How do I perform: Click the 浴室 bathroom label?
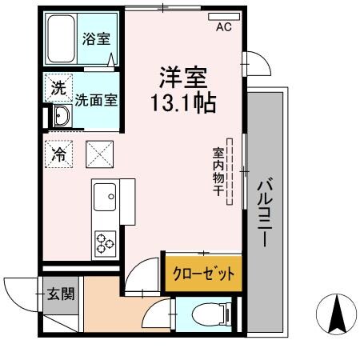(x=97, y=38)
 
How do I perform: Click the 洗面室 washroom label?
(x=97, y=101)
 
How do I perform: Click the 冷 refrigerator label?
(x=59, y=153)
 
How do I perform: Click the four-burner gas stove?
(x=105, y=242)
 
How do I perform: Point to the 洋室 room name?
(x=182, y=78)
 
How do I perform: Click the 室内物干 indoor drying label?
(x=218, y=170)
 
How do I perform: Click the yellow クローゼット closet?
(x=203, y=273)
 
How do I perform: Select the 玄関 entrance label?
(x=60, y=294)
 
